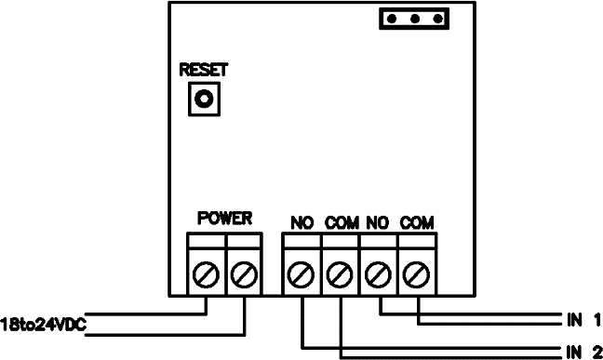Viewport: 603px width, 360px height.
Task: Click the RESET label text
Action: (x=204, y=70)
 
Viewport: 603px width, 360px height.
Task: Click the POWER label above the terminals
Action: (x=224, y=219)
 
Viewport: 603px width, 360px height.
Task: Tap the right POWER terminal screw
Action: (x=243, y=274)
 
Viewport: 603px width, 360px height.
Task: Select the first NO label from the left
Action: (x=301, y=223)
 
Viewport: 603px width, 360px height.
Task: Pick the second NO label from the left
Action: (x=379, y=223)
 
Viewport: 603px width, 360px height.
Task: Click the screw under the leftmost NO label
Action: (x=301, y=274)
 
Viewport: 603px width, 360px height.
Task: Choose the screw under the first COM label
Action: (x=341, y=274)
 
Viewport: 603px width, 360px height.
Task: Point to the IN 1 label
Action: (x=583, y=319)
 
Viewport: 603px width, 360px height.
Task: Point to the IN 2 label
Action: (x=583, y=352)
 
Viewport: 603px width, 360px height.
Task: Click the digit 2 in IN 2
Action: (x=595, y=352)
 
